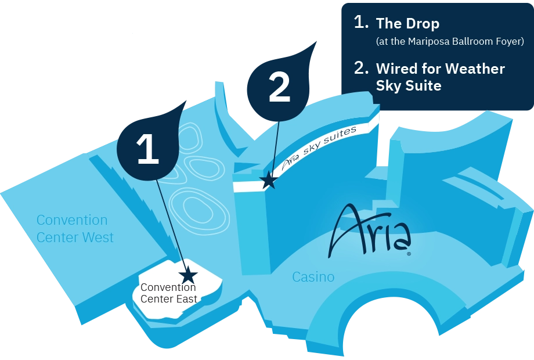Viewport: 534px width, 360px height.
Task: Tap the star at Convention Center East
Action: [188, 275]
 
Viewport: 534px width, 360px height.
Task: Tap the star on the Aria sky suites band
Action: [268, 181]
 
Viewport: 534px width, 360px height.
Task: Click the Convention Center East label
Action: [169, 293]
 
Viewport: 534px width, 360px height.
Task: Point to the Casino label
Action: [313, 277]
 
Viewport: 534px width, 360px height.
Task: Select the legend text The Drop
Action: [407, 24]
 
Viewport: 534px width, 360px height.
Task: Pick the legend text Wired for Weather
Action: [440, 69]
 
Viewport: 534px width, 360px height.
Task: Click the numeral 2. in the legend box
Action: [361, 68]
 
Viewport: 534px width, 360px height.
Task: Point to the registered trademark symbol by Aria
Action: [409, 254]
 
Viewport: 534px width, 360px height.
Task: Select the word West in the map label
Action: [98, 237]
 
